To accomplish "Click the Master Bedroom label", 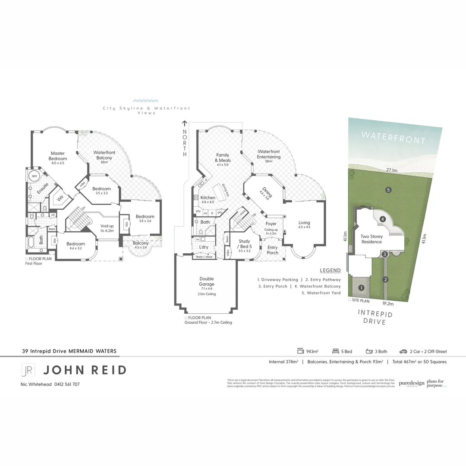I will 58,156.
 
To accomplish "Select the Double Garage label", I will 207,281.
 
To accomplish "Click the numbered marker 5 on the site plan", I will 388,189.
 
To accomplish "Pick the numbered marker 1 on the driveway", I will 362,287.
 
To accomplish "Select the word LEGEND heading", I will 330,271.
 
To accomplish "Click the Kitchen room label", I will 208,198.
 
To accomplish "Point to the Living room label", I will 304,223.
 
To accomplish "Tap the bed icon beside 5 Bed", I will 335,351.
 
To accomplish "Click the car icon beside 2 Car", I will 403,351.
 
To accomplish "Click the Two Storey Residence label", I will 372,239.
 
